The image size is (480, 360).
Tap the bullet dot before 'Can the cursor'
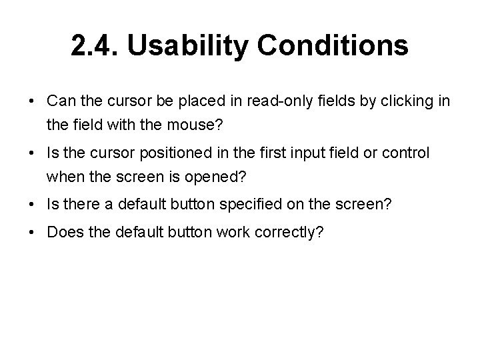[33, 101]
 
